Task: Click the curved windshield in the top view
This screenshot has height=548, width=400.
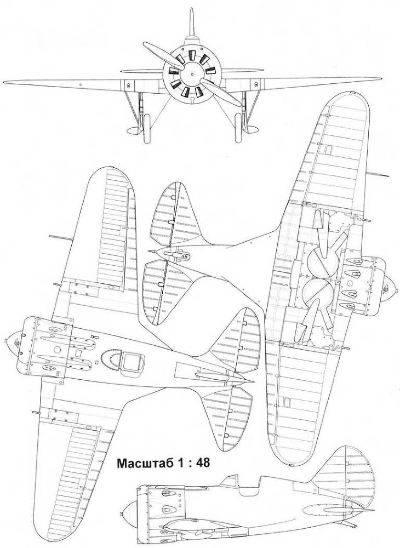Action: [x=113, y=359]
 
